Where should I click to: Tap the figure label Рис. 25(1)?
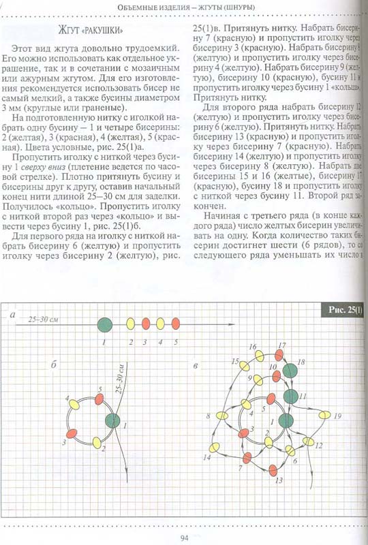point(345,311)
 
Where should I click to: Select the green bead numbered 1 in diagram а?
point(104,324)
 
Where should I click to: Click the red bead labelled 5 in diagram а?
point(175,324)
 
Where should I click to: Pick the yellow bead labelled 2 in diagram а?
point(131,324)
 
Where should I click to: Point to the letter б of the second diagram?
point(54,367)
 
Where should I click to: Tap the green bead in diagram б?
point(112,420)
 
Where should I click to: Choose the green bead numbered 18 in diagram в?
point(290,370)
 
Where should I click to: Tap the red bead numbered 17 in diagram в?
point(279,356)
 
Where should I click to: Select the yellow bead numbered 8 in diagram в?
point(221,416)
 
